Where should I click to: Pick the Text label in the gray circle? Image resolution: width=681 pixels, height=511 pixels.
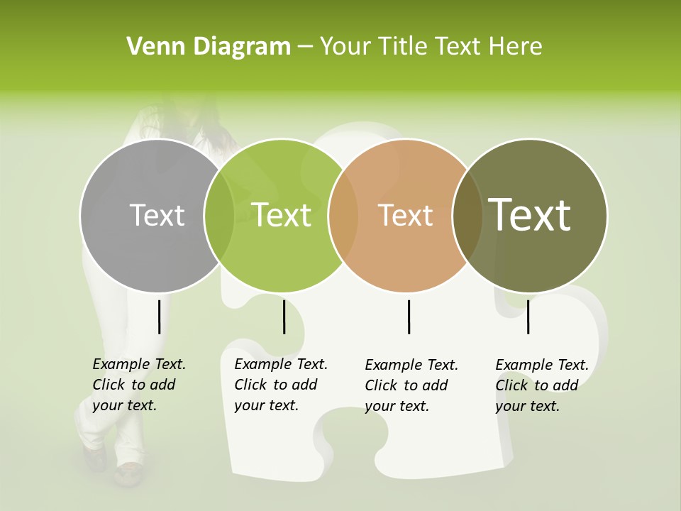point(157,215)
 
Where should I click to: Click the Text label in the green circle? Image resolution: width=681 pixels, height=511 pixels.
point(282,215)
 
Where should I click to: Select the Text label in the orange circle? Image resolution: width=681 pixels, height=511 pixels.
point(406,215)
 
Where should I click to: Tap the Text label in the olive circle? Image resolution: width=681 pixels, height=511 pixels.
point(530,215)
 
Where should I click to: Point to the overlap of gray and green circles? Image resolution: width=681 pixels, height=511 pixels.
point(218,216)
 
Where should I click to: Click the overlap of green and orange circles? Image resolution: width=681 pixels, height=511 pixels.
point(343,216)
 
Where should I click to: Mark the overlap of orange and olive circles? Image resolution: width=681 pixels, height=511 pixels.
point(467,216)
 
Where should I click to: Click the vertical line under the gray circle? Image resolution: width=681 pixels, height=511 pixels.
point(159,317)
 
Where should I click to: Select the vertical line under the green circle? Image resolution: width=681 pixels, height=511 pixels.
point(284,317)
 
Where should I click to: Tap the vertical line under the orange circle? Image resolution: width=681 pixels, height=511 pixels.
point(409,317)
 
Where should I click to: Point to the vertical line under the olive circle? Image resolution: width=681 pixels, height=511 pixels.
point(528,317)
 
